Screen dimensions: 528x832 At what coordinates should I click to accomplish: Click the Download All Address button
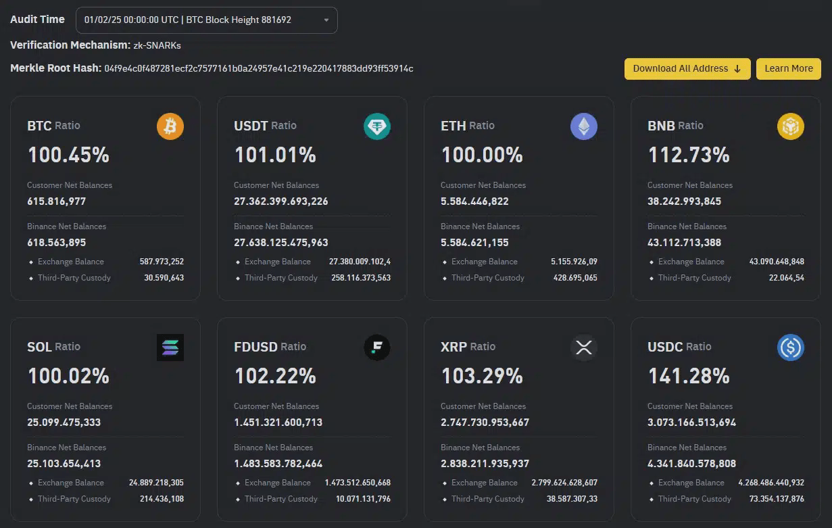tap(687, 68)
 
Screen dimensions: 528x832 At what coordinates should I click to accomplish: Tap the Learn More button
tap(788, 68)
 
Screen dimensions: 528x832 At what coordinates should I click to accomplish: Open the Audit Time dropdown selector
tap(206, 20)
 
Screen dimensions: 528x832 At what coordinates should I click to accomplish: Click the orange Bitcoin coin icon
tap(170, 126)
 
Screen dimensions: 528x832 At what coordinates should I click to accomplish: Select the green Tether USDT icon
tap(377, 126)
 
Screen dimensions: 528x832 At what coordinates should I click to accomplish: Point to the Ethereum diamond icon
tap(584, 126)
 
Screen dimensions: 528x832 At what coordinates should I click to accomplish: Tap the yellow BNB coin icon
tap(791, 126)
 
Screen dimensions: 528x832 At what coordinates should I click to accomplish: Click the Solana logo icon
tap(170, 347)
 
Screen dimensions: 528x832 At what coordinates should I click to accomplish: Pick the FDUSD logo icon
tap(377, 347)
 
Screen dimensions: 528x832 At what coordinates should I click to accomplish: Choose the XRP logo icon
tap(584, 347)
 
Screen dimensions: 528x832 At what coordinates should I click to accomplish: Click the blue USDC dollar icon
tap(791, 347)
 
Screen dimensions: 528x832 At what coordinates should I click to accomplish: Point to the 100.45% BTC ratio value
tap(68, 155)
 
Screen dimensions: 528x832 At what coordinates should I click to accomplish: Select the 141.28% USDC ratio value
tap(689, 376)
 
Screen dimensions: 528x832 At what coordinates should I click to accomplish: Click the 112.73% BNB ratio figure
tap(689, 155)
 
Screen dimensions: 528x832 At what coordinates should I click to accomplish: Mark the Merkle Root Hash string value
tap(259, 68)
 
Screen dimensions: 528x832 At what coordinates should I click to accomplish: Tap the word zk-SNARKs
tap(157, 45)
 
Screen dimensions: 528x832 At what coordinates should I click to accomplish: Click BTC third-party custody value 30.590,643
tap(164, 278)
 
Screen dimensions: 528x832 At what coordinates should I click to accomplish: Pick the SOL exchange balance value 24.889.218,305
tap(156, 483)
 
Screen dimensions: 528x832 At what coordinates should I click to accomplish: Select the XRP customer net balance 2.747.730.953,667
tap(485, 422)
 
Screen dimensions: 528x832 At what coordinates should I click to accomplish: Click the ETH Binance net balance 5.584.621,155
tap(474, 242)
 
